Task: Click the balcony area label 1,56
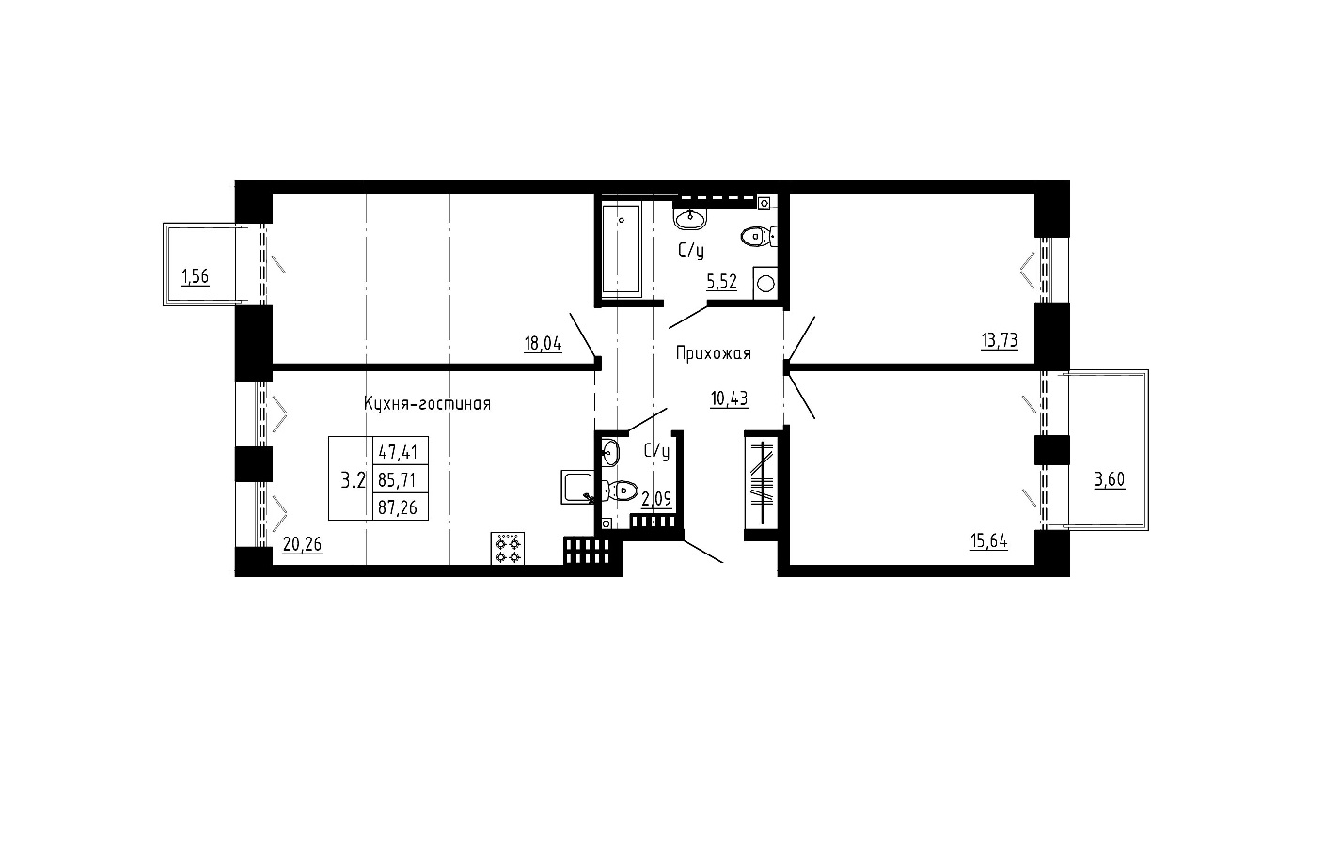[x=195, y=276]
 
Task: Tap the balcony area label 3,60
[x=1110, y=479]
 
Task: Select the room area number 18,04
[x=543, y=343]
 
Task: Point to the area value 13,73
[x=1000, y=340]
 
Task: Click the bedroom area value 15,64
[x=989, y=541]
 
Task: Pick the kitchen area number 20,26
[x=303, y=543]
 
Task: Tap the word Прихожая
[x=714, y=353]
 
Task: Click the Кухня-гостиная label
[x=427, y=403]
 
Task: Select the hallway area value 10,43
[x=729, y=398]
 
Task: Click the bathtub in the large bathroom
[x=622, y=249]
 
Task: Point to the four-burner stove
[x=507, y=549]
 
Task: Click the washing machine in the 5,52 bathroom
[x=765, y=284]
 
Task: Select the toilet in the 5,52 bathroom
[x=759, y=237]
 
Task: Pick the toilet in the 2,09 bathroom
[x=620, y=491]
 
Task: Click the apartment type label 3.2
[x=354, y=480]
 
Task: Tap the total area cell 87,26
[x=398, y=507]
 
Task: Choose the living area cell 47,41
[x=398, y=452]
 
